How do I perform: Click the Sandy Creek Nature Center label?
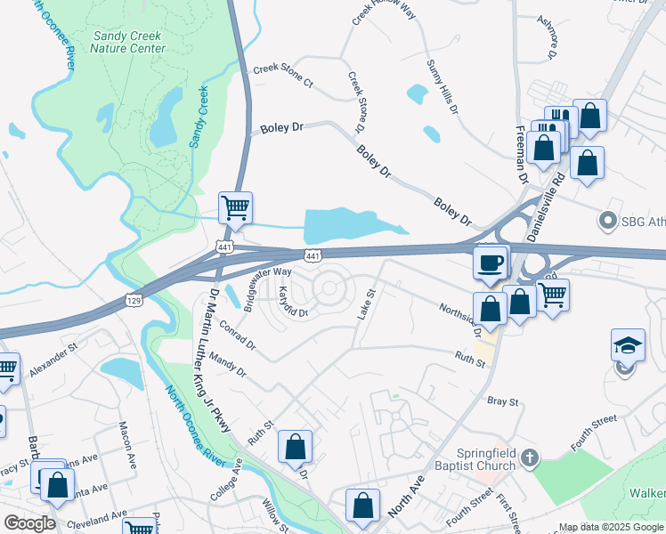(128, 42)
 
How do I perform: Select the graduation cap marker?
(628, 345)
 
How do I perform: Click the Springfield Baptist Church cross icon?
(530, 458)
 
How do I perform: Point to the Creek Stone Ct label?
(283, 76)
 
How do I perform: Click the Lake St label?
(368, 299)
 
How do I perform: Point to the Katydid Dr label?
(292, 302)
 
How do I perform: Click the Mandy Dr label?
(229, 368)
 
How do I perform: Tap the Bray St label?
(502, 402)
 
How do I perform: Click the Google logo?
(29, 522)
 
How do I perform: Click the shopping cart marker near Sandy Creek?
(235, 208)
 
